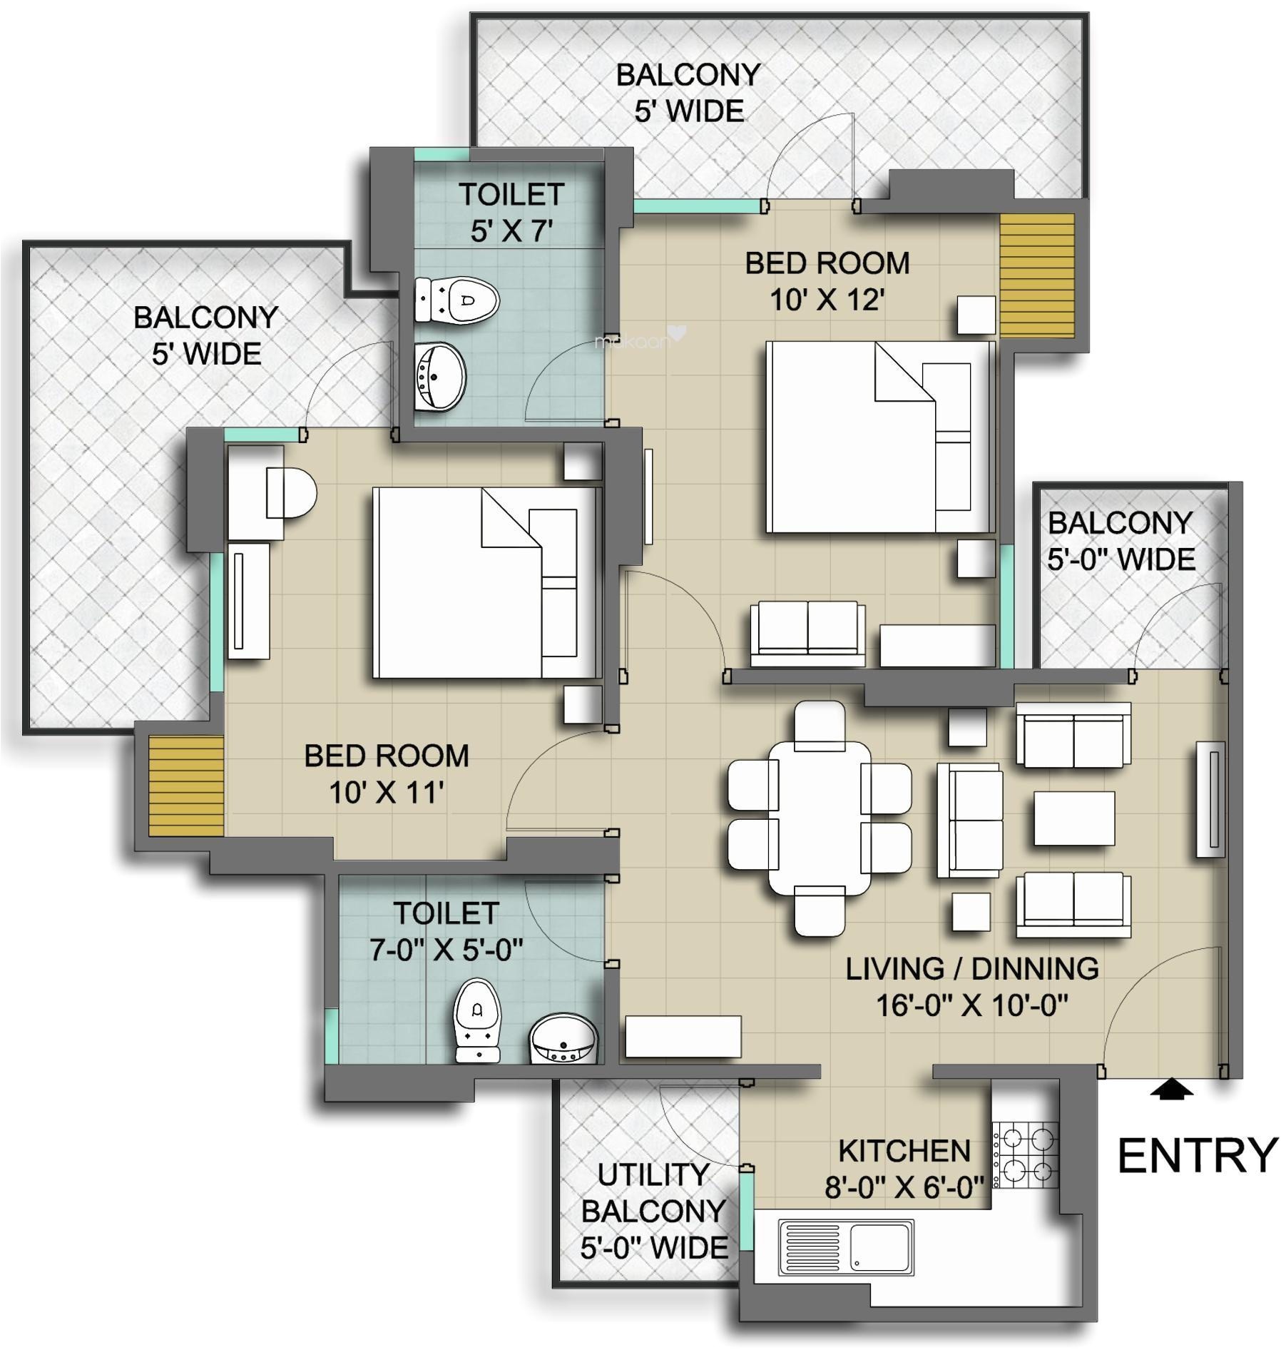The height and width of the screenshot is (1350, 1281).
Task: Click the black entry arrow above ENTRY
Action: pyautogui.click(x=1170, y=1090)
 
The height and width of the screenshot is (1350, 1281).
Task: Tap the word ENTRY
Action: pyautogui.click(x=1196, y=1156)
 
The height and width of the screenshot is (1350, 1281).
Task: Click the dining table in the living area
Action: pyautogui.click(x=820, y=818)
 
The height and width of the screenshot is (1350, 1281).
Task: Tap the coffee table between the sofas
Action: pyautogui.click(x=1073, y=818)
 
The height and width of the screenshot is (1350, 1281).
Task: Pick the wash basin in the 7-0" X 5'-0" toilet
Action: pyautogui.click(x=563, y=1040)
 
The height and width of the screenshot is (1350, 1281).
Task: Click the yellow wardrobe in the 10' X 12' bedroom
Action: pyautogui.click(x=1036, y=275)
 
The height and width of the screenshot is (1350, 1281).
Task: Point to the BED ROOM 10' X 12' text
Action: pyautogui.click(x=827, y=281)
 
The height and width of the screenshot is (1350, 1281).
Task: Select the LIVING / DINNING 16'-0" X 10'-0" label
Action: pyautogui.click(x=971, y=987)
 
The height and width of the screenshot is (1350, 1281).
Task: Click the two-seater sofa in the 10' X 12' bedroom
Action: pyautogui.click(x=807, y=628)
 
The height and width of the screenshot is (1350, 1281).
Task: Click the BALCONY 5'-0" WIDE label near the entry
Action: pyautogui.click(x=1121, y=541)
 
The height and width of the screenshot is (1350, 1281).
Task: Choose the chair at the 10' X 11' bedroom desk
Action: pyautogui.click(x=291, y=492)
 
